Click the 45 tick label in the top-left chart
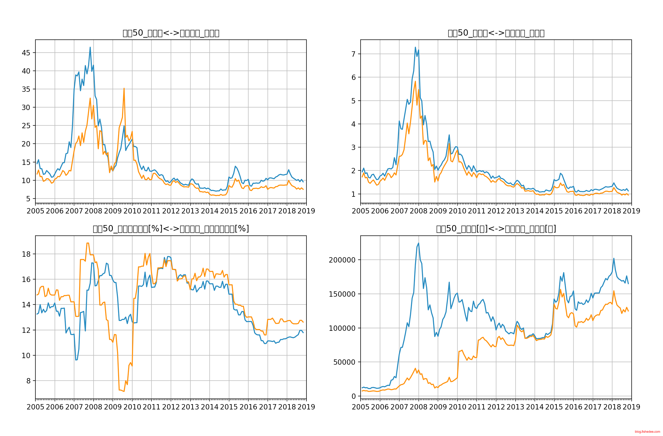coord(26,53)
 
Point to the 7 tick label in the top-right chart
coord(353,54)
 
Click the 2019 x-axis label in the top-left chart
coord(306,211)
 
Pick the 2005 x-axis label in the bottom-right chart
coord(361,407)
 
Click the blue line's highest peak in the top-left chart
coord(90,47)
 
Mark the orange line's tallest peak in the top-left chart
coord(124,88)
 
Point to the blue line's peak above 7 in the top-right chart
coord(415,47)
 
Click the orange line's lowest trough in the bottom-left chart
coord(124,391)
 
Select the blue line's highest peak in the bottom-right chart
coord(418,243)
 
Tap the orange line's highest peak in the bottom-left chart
coord(87,243)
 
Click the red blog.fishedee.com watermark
coord(647,432)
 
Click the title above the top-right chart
coord(496,33)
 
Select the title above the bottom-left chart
coord(171,229)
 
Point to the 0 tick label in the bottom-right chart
coord(353,396)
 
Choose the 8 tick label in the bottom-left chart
coord(28,381)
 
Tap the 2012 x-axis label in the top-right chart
coord(496,211)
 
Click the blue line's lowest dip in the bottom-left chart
coord(76,360)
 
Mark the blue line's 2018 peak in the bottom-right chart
coord(613,258)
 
